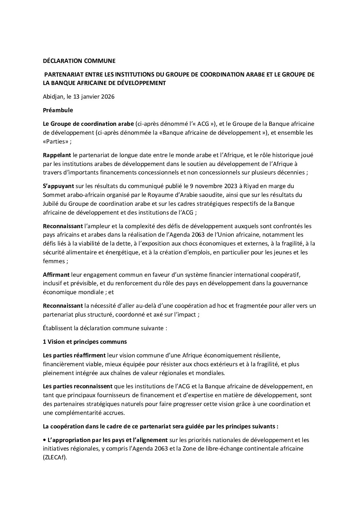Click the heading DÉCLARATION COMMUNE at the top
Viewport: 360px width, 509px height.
pyautogui.click(x=79, y=61)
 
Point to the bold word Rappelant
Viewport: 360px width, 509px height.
pyautogui.click(x=56, y=155)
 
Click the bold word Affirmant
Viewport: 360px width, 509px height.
pyautogui.click(x=56, y=274)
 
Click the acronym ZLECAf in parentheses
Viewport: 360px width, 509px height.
pyautogui.click(x=55, y=458)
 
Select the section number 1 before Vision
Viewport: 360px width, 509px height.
pyautogui.click(x=45, y=342)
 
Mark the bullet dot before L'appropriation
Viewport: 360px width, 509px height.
pyautogui.click(x=45, y=440)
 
